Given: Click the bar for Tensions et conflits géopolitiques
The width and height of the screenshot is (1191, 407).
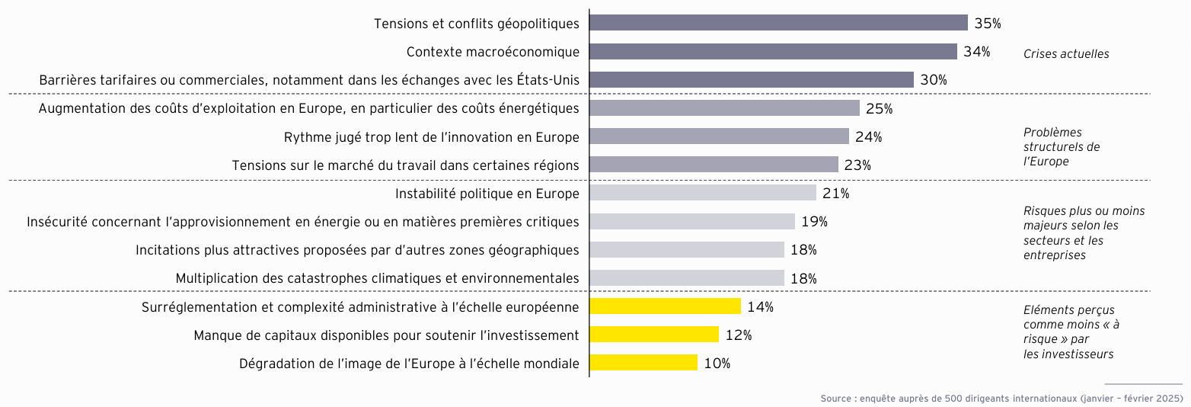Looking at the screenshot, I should (x=778, y=23).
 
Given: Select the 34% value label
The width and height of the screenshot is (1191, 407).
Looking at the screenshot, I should (x=976, y=52).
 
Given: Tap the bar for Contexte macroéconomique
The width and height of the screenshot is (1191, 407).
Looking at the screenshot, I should (x=773, y=52).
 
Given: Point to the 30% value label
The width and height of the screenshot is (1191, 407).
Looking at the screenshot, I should (x=933, y=80).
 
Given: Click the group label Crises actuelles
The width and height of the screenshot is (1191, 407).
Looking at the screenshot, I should (x=1065, y=54).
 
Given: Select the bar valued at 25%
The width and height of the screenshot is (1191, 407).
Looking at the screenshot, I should (x=724, y=108).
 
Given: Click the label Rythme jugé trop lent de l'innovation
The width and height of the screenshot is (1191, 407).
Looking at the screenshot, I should (x=431, y=137).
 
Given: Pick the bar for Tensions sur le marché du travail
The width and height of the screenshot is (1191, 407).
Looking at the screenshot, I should (x=714, y=165).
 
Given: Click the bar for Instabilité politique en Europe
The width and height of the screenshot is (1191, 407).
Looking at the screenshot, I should (x=703, y=193).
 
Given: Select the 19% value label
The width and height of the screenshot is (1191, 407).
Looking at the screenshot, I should (x=814, y=222).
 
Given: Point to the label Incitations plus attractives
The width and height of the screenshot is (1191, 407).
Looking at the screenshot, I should (x=356, y=250).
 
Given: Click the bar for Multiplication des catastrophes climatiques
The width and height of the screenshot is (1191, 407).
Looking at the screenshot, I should (x=687, y=278).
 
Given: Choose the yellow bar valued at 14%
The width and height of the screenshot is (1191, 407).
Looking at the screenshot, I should (x=665, y=306).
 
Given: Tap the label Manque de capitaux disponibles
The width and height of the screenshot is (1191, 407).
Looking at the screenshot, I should (x=386, y=335).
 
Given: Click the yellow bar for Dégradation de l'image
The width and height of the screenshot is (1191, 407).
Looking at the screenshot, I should (x=643, y=363).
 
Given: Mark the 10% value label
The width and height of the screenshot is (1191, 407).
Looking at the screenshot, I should (x=717, y=364).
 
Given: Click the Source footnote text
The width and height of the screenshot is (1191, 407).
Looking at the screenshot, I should (x=1001, y=399).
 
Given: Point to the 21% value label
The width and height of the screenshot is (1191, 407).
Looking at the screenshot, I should (x=835, y=194).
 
